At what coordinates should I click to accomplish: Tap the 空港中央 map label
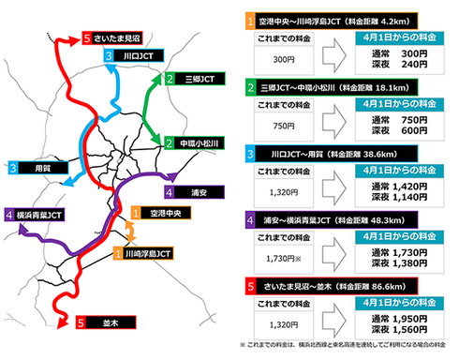click(x=162, y=214)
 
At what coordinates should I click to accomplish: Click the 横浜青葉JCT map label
click(x=41, y=216)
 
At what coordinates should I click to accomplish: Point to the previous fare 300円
click(x=276, y=55)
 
